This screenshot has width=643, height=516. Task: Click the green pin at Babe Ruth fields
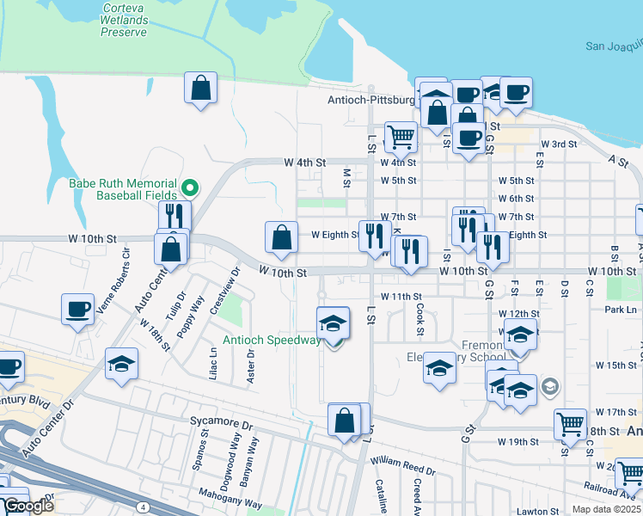click(x=191, y=186)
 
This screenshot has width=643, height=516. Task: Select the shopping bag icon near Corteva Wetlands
click(x=200, y=88)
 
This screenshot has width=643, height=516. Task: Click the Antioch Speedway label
click(x=271, y=340)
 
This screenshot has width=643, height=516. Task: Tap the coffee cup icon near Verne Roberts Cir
click(x=77, y=309)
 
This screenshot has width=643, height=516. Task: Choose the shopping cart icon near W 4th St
click(x=401, y=136)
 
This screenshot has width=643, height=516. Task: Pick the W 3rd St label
click(x=558, y=144)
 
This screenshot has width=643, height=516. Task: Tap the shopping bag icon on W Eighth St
click(x=282, y=236)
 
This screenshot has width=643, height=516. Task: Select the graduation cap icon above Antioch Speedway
click(x=334, y=322)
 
